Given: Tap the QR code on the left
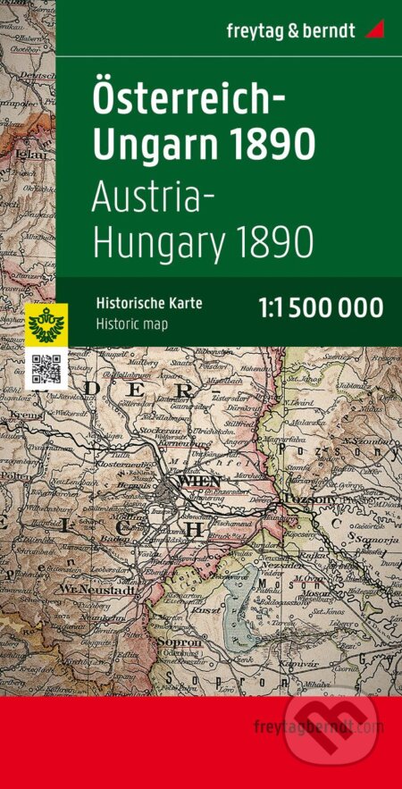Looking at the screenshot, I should (x=44, y=369).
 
